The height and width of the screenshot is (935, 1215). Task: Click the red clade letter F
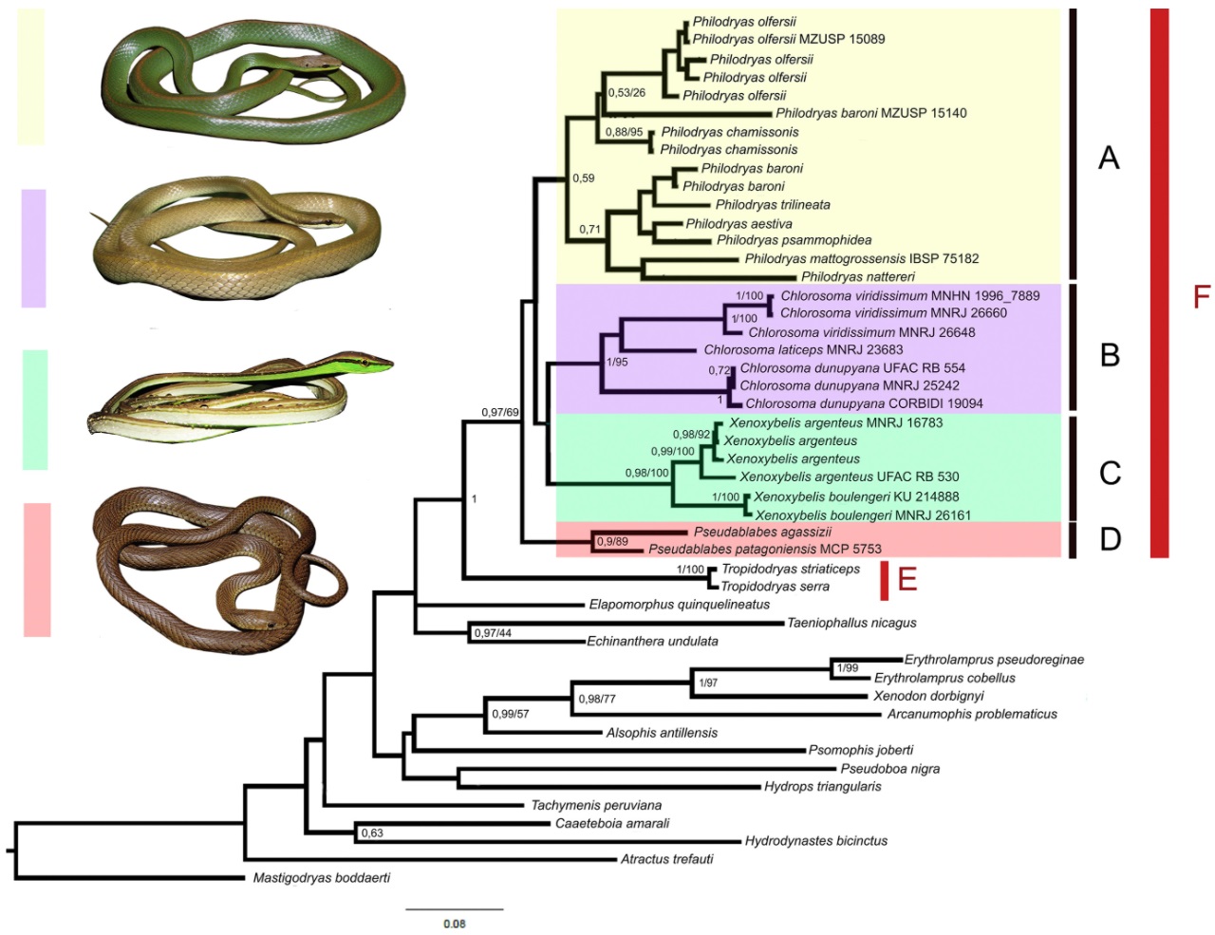(x=1202, y=297)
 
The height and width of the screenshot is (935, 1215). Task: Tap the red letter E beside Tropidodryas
(x=907, y=579)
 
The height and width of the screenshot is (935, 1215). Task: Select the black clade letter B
(x=1110, y=355)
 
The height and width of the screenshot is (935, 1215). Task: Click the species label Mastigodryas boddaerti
(x=321, y=878)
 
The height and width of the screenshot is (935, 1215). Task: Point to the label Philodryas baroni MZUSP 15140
(x=870, y=113)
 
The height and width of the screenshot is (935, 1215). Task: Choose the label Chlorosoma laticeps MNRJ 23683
(x=803, y=350)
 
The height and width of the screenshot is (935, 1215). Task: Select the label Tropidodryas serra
(x=775, y=587)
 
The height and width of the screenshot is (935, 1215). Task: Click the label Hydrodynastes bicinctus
(x=815, y=841)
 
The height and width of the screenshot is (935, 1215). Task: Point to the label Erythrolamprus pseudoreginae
(x=993, y=660)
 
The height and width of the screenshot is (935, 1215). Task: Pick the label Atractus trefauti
(x=666, y=859)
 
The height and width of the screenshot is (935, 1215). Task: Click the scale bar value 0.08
(x=454, y=924)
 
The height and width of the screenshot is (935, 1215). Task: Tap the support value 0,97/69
(x=500, y=412)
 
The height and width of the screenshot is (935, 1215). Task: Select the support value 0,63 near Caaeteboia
(x=372, y=833)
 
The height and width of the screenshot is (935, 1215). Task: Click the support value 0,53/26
(x=626, y=93)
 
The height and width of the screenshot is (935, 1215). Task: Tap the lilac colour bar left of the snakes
(x=33, y=248)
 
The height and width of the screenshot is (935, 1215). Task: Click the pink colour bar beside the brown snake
(x=37, y=570)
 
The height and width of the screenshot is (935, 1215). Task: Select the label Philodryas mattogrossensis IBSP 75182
(x=861, y=258)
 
